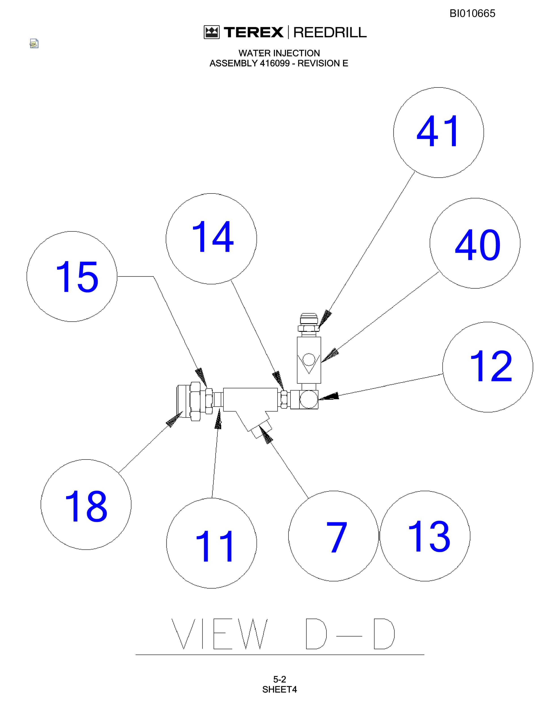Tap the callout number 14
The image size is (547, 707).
tap(212, 236)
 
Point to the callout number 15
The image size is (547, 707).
tap(77, 277)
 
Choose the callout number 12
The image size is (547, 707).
tap(491, 366)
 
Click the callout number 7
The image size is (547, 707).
tap(337, 537)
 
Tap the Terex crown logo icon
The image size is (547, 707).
tap(212, 32)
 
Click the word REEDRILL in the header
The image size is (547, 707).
tap(330, 32)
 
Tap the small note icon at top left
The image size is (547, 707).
tap(34, 43)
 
